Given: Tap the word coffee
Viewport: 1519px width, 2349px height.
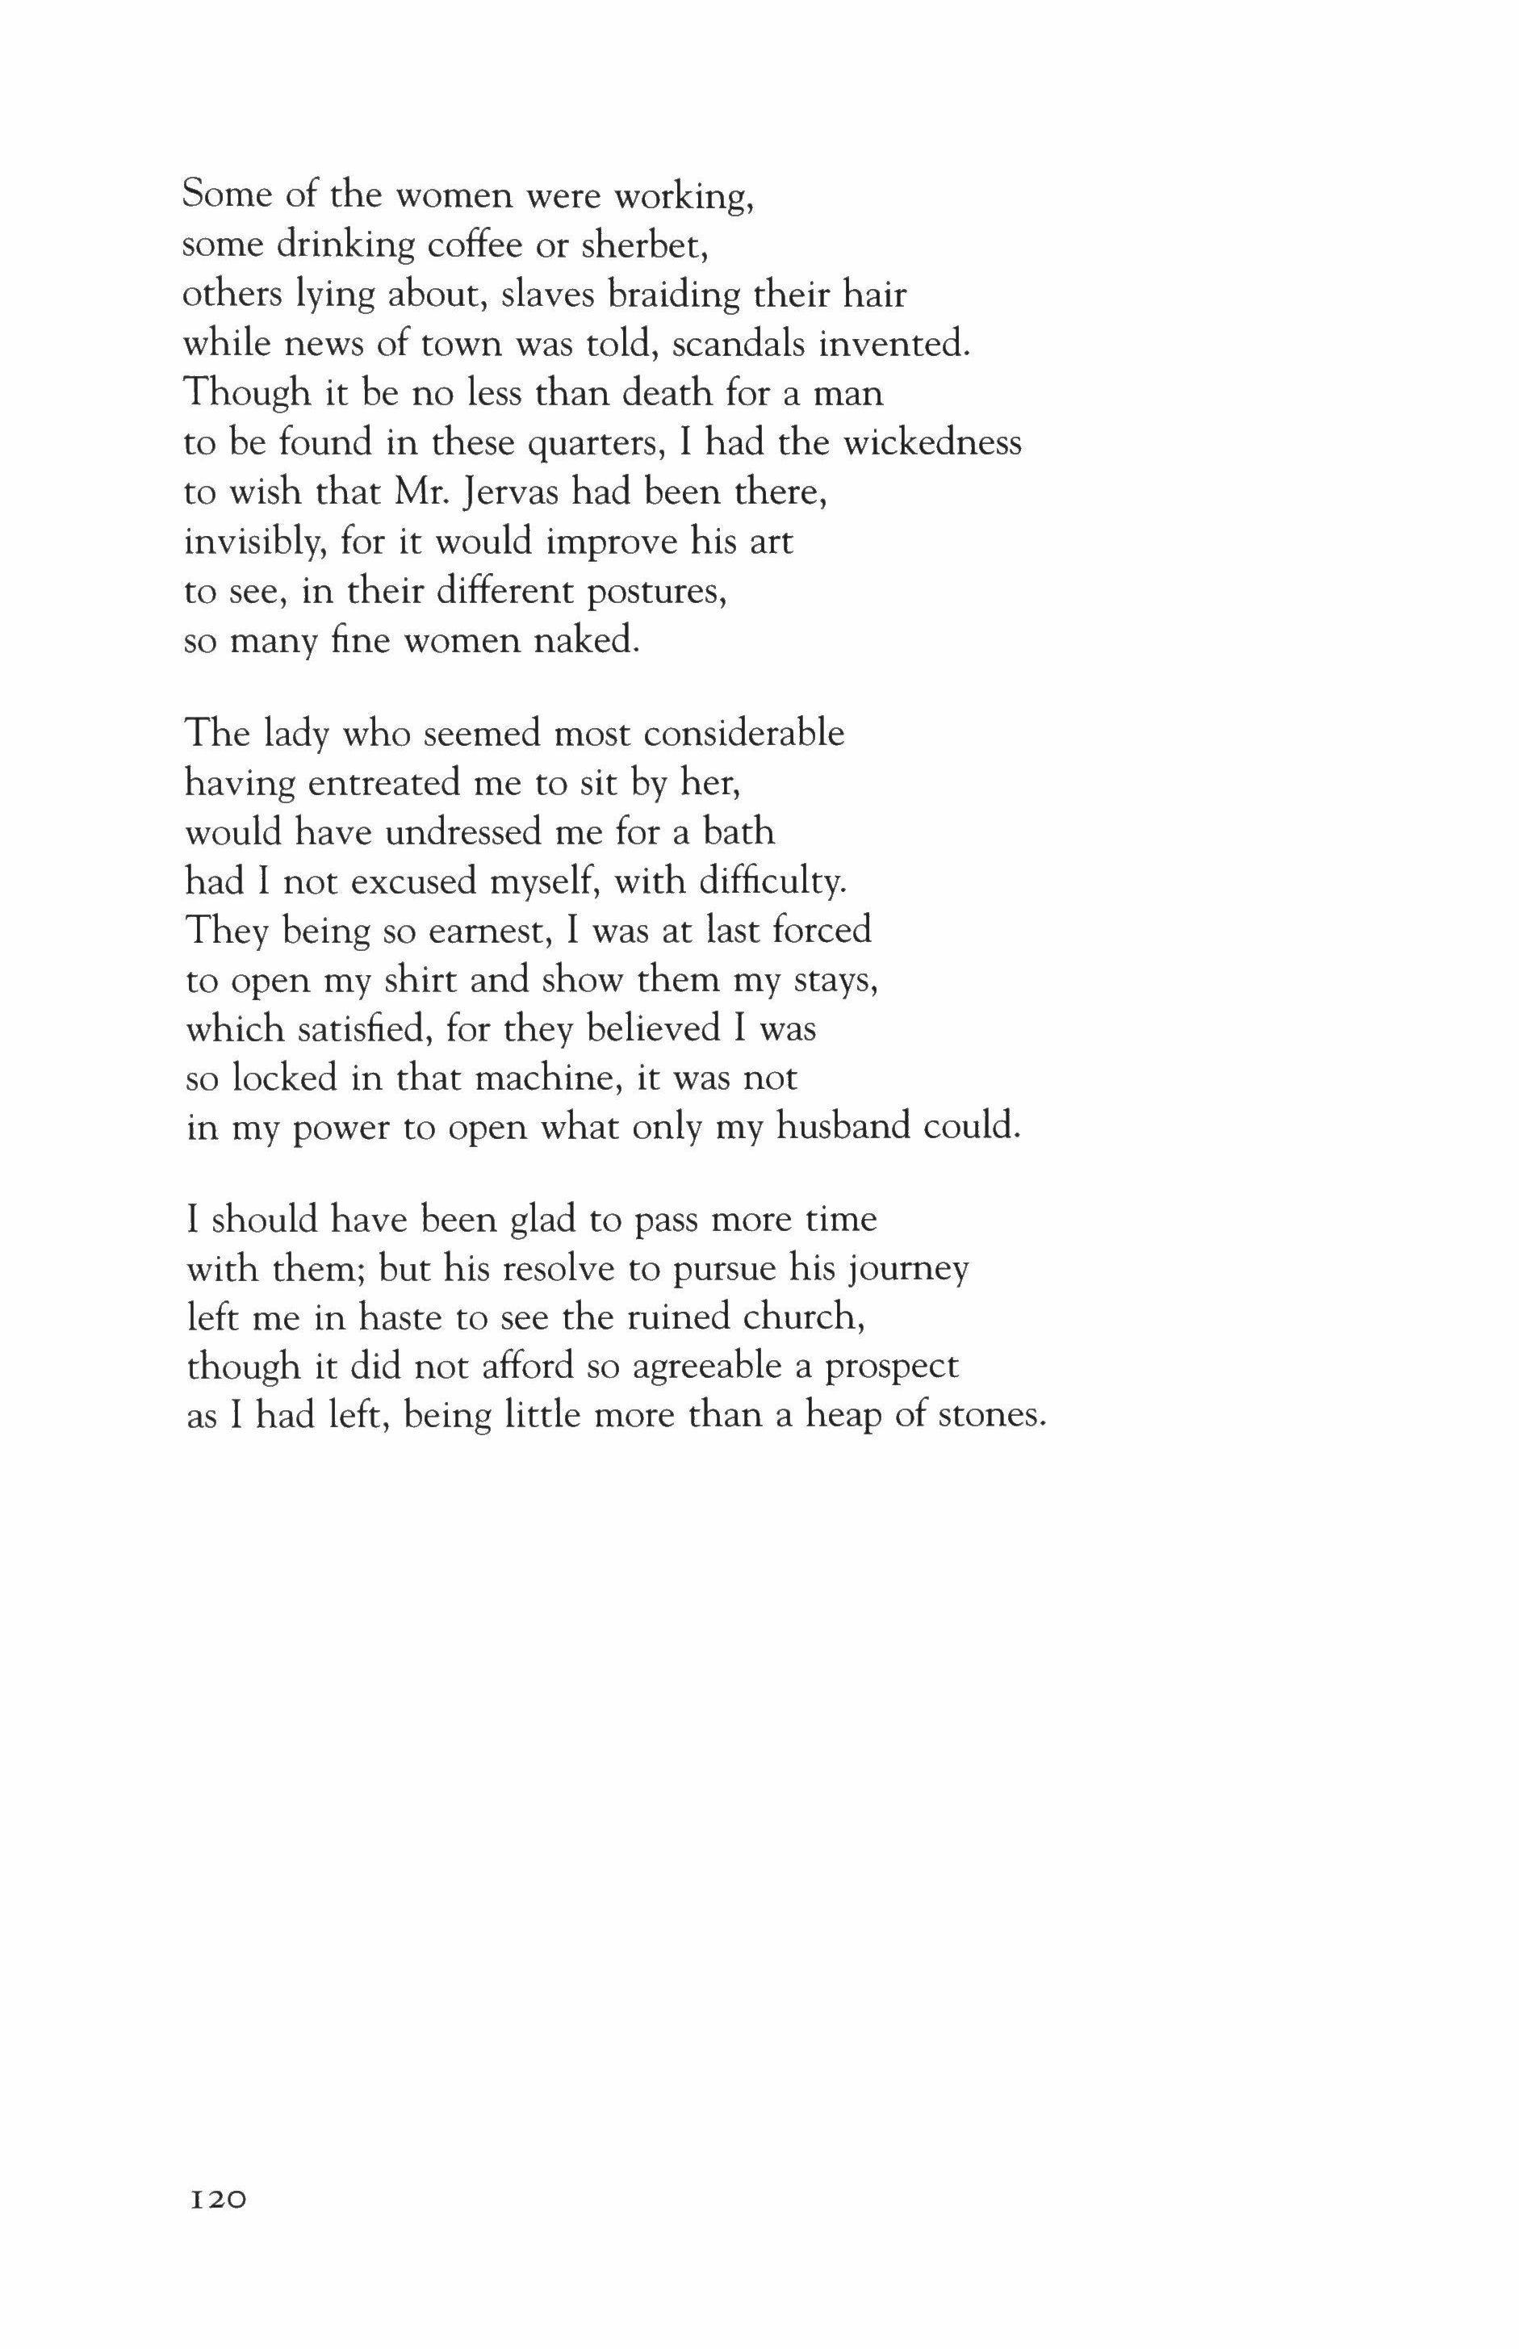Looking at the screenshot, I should tap(477, 245).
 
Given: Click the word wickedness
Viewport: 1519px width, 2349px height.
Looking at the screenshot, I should tap(933, 442).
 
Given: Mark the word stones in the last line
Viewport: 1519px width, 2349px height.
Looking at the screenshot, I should tap(990, 1417).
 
